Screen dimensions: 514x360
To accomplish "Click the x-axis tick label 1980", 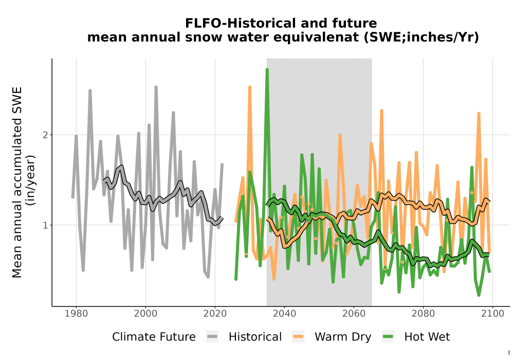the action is tap(77, 313).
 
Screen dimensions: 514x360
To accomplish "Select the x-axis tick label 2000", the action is tap(145, 313).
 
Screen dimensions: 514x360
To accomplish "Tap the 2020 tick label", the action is tap(215, 313).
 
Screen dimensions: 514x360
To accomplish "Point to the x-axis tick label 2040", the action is tap(285, 313).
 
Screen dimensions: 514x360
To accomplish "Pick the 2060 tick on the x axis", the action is tap(354, 313).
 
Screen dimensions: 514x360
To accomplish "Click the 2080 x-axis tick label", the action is tap(423, 313).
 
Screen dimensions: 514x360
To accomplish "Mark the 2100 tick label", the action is tap(493, 313).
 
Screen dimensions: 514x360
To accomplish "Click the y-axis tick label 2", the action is tap(45, 135).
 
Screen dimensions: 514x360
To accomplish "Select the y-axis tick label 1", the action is tap(45, 225).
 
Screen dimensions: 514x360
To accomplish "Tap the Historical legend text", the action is tap(255, 337).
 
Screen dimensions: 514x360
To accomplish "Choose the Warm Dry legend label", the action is tap(343, 337).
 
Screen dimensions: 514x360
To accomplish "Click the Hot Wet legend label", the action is tap(427, 337).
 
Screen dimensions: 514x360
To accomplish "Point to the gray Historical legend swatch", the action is tap(212, 337).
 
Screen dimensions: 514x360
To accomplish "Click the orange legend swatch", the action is tap(298, 337).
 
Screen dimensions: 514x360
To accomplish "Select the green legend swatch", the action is tap(388, 337).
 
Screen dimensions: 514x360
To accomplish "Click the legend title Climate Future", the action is tap(154, 337).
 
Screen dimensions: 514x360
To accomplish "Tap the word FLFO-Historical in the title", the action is tap(241, 23).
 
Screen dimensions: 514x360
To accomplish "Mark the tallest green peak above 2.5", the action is tap(267, 70).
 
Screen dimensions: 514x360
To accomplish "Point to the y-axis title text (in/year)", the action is tap(31, 181).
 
